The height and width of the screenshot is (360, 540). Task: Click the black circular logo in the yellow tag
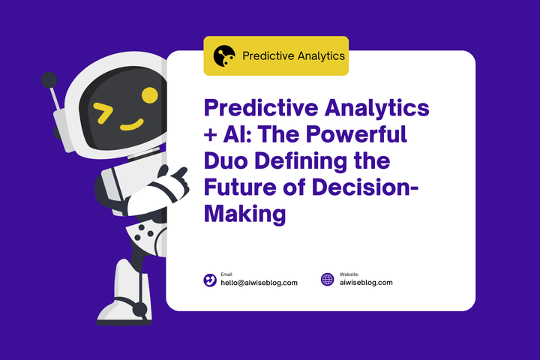[x=224, y=55]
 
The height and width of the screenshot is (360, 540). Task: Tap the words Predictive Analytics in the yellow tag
[x=294, y=55]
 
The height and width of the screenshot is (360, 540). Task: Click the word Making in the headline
[x=245, y=213]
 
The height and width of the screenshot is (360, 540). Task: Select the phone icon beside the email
[x=210, y=280]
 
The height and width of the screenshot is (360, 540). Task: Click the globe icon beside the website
[x=328, y=280]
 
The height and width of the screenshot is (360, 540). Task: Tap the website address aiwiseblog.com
[x=366, y=283]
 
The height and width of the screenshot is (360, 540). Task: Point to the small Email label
[x=226, y=274]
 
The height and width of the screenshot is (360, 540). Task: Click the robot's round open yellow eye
[x=149, y=95]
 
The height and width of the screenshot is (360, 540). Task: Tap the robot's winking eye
[x=103, y=112]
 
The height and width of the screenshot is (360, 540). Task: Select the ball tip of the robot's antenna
[x=49, y=79]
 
